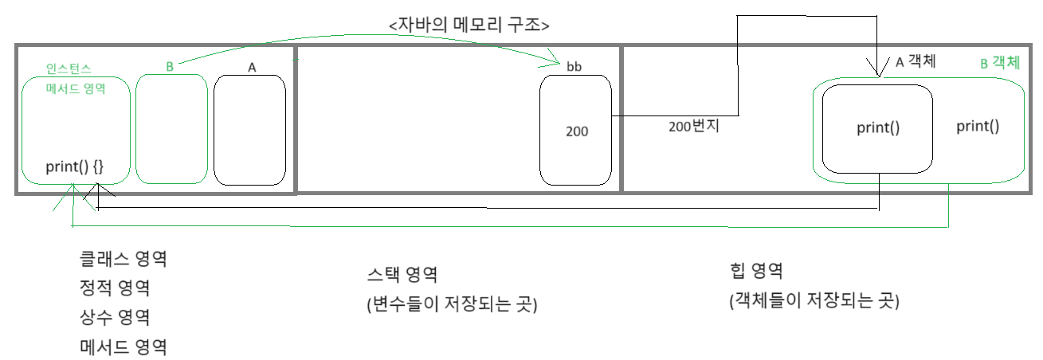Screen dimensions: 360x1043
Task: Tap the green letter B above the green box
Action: pos(170,67)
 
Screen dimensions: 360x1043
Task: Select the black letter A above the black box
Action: pos(252,68)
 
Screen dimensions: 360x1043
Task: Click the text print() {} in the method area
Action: pos(74,168)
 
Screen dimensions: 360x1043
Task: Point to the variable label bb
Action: pos(574,67)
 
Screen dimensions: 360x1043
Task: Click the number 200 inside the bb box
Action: pos(577,131)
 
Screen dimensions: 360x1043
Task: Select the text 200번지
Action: pos(694,125)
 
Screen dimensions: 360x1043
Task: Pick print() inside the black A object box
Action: pos(878,127)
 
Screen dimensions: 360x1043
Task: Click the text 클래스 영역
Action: pos(124,259)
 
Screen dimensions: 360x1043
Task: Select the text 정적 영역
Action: pos(116,288)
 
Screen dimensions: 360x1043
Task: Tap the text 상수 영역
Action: pos(116,317)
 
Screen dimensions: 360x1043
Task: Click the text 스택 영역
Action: pos(402,275)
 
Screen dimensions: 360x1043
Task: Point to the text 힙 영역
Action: pos(756,271)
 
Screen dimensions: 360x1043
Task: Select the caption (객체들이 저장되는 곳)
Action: pos(814,301)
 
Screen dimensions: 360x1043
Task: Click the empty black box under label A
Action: pos(249,129)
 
